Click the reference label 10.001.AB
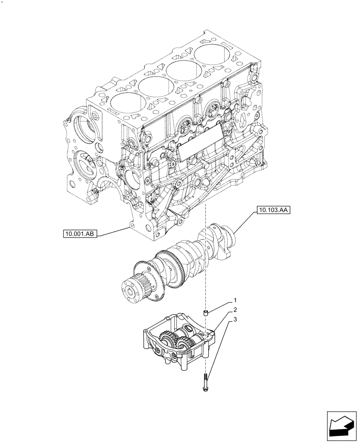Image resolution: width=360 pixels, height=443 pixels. pos(80,233)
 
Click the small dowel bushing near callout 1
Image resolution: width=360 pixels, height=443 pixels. pos(206,314)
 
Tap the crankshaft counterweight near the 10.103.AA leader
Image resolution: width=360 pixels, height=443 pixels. pos(226,241)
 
